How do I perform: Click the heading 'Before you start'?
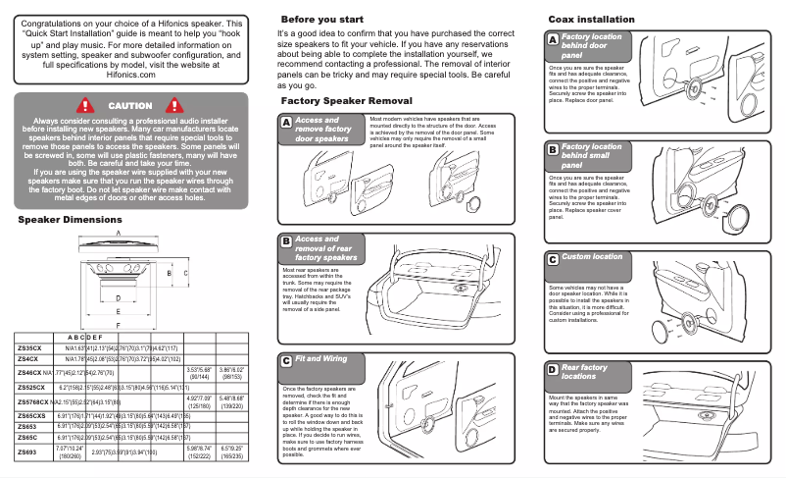click(x=322, y=20)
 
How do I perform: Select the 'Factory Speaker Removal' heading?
click(x=346, y=101)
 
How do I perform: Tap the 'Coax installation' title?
click(x=594, y=20)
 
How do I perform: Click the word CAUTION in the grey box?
click(x=129, y=105)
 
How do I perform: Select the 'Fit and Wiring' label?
click(x=320, y=359)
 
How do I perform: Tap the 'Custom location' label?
click(x=591, y=257)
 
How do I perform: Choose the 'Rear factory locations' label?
click(x=585, y=371)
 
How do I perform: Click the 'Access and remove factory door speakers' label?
click(x=323, y=130)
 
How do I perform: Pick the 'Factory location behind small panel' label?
click(x=591, y=156)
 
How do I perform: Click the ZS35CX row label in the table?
click(x=29, y=347)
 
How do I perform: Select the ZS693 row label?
click(x=27, y=452)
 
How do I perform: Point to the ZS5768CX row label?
click(x=33, y=402)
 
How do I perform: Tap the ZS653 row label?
click(x=27, y=427)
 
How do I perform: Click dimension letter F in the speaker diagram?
click(x=119, y=324)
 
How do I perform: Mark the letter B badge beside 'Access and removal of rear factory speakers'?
click(x=285, y=241)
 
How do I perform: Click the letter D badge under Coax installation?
click(x=553, y=370)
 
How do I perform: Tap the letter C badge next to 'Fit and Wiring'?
click(x=285, y=360)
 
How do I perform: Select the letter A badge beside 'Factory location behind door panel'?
click(x=553, y=40)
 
